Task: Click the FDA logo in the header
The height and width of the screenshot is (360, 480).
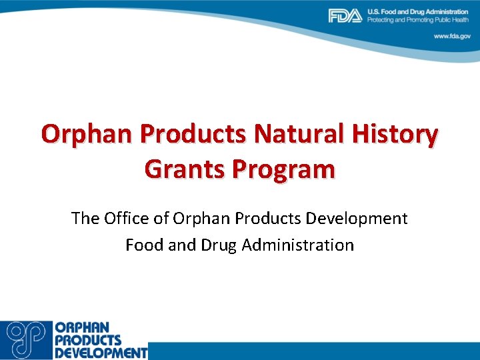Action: pos(345,15)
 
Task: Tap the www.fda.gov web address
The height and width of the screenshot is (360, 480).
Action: pos(451,36)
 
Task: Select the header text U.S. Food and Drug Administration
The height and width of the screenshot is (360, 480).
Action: pos(417,12)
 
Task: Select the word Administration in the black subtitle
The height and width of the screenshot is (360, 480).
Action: pos(297,245)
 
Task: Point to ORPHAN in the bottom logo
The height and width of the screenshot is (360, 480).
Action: pos(82,329)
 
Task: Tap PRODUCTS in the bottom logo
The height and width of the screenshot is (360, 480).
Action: pos(89,341)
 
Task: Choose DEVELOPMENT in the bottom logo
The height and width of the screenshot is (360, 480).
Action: pos(101,353)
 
